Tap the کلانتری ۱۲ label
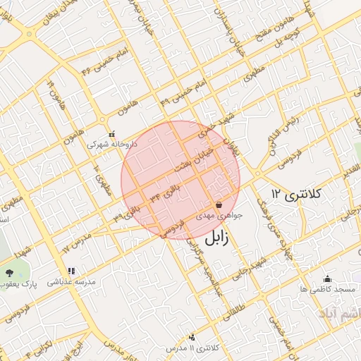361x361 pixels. point(296,193)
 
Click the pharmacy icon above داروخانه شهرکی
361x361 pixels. point(111,133)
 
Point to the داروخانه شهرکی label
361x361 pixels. point(112,143)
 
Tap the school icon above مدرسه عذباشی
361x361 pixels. point(71,271)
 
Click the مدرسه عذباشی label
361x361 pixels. point(71,281)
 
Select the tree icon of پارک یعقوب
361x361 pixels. point(9,272)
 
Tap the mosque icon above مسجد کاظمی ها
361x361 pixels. point(326,279)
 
